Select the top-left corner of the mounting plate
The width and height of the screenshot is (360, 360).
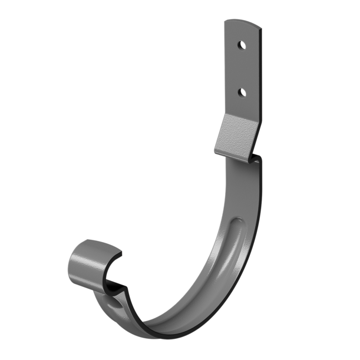click(225, 21)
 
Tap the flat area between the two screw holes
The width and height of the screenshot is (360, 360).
click(242, 68)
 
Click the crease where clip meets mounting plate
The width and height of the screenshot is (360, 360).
click(242, 116)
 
